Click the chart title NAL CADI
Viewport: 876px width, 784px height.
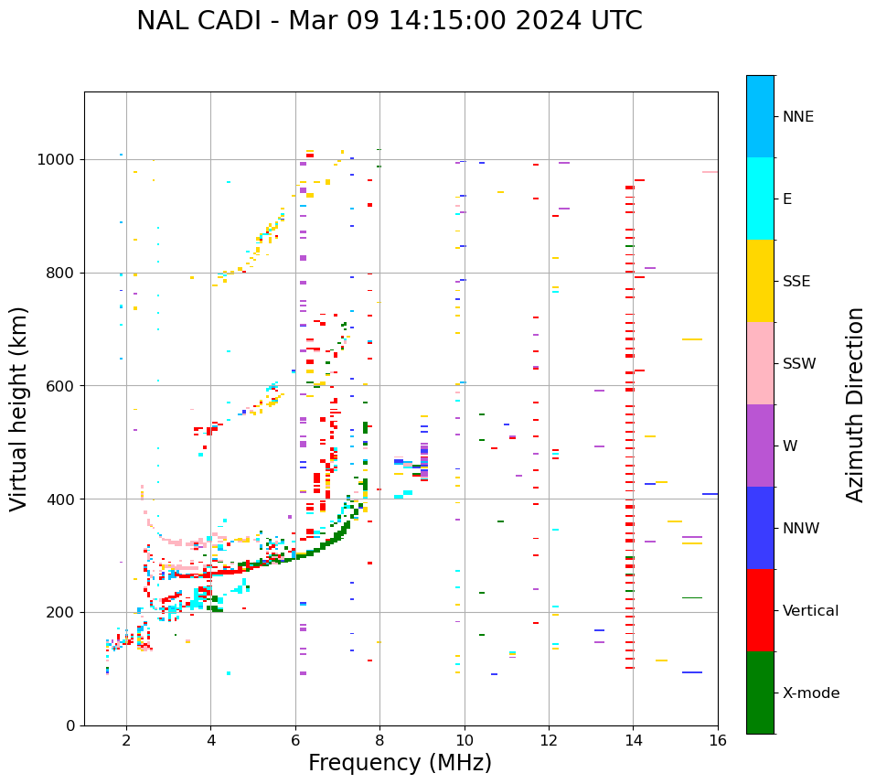click(x=389, y=21)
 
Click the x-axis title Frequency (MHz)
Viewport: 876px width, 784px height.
click(x=400, y=763)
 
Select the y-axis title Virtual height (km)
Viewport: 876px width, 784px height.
click(x=19, y=408)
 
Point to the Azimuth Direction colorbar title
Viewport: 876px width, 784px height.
click(x=855, y=404)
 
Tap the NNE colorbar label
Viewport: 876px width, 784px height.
click(x=797, y=117)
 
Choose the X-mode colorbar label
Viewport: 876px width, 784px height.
click(x=810, y=693)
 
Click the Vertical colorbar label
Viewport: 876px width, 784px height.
click(x=810, y=611)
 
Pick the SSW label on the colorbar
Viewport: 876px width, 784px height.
click(x=799, y=364)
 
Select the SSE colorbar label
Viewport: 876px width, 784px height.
click(x=796, y=282)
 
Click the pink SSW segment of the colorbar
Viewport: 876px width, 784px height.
click(x=760, y=363)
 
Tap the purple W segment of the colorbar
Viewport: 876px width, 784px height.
click(x=760, y=446)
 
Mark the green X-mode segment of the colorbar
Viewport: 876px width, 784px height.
click(x=760, y=693)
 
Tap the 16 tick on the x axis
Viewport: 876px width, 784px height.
click(x=718, y=739)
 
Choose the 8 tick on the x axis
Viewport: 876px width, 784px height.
click(x=379, y=739)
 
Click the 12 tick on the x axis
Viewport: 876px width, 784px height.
click(x=549, y=739)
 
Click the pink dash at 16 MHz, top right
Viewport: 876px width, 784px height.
click(x=710, y=172)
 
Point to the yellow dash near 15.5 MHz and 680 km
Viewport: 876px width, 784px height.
click(x=692, y=339)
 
